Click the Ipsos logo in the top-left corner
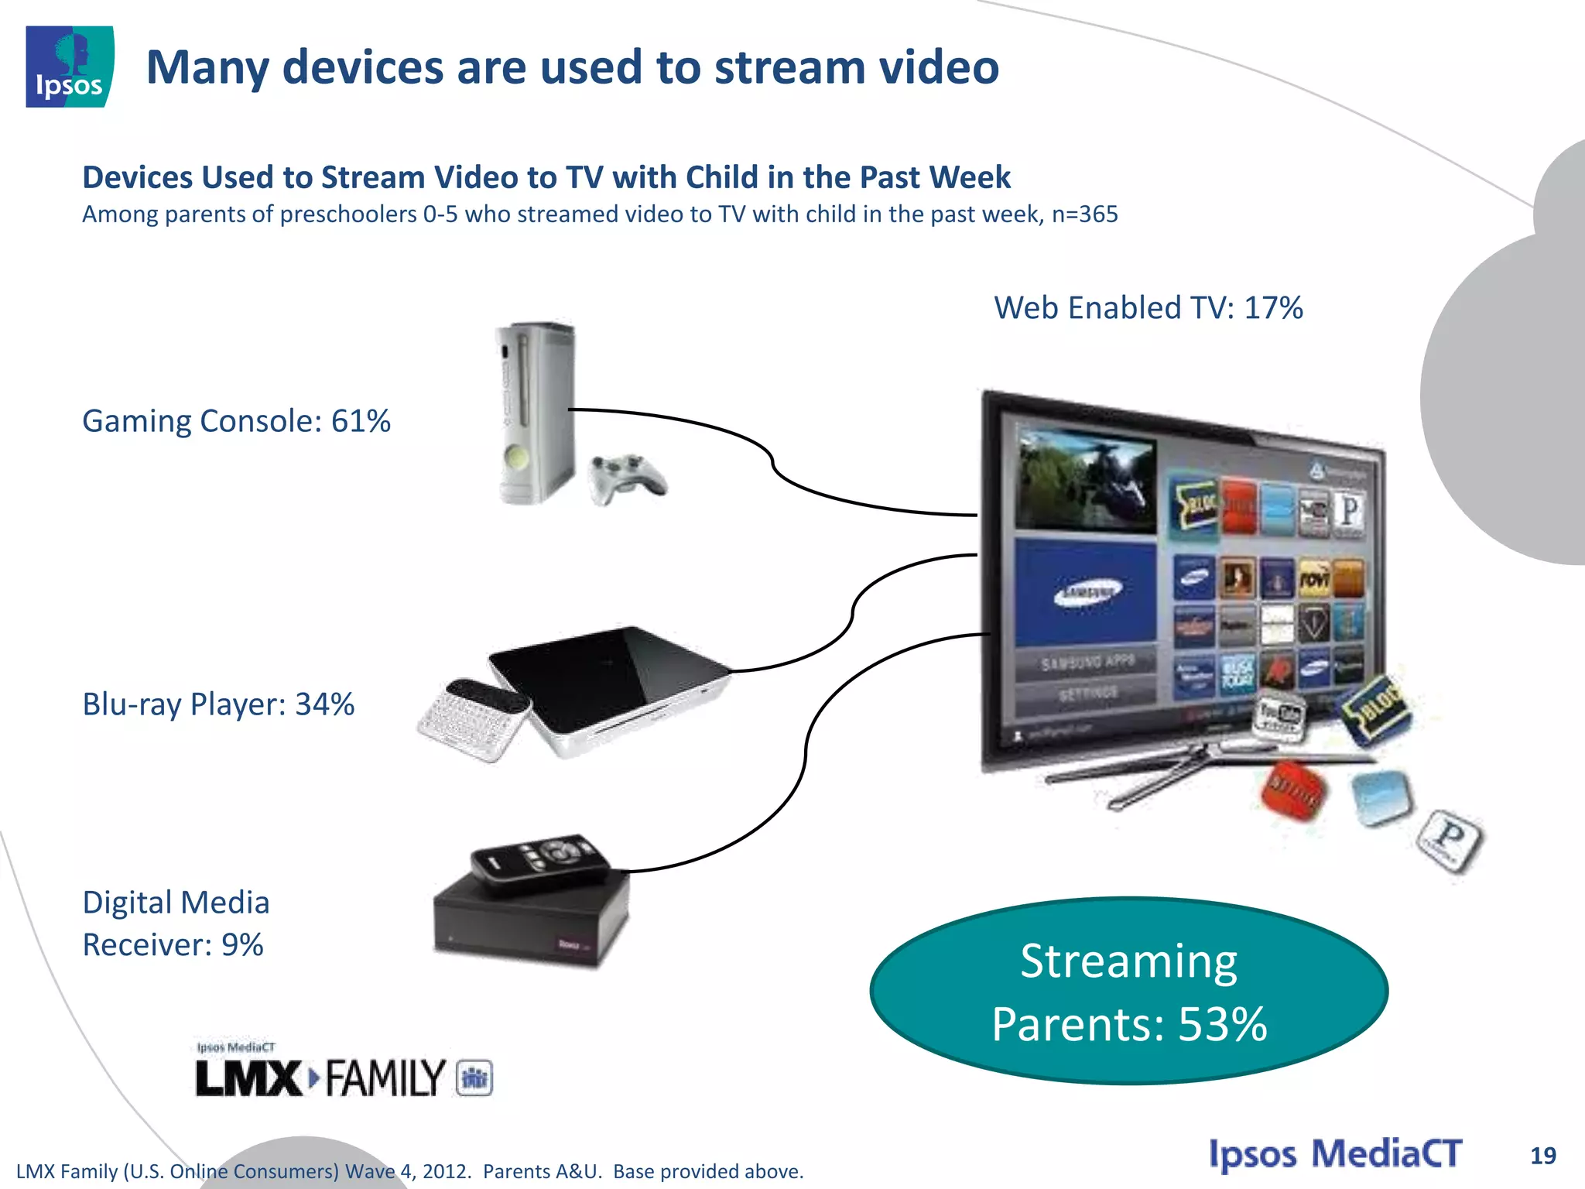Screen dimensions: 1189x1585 click(70, 67)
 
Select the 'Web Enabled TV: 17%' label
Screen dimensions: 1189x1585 click(1149, 308)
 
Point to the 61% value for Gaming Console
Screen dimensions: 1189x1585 click(361, 421)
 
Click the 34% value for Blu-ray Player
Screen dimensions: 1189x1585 click(324, 704)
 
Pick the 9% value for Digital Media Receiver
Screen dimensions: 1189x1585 click(242, 945)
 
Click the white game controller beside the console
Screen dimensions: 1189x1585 click(627, 478)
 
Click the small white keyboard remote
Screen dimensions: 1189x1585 click(472, 719)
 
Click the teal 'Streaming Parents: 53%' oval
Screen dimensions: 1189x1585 click(1128, 992)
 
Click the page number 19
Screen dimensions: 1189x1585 click(1542, 1156)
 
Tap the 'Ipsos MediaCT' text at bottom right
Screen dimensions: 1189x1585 click(1335, 1154)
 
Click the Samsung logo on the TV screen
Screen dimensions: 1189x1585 click(1087, 593)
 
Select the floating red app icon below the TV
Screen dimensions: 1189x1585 click(1293, 790)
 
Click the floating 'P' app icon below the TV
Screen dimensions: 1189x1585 click(1449, 840)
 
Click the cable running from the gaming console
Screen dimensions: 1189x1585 click(774, 464)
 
